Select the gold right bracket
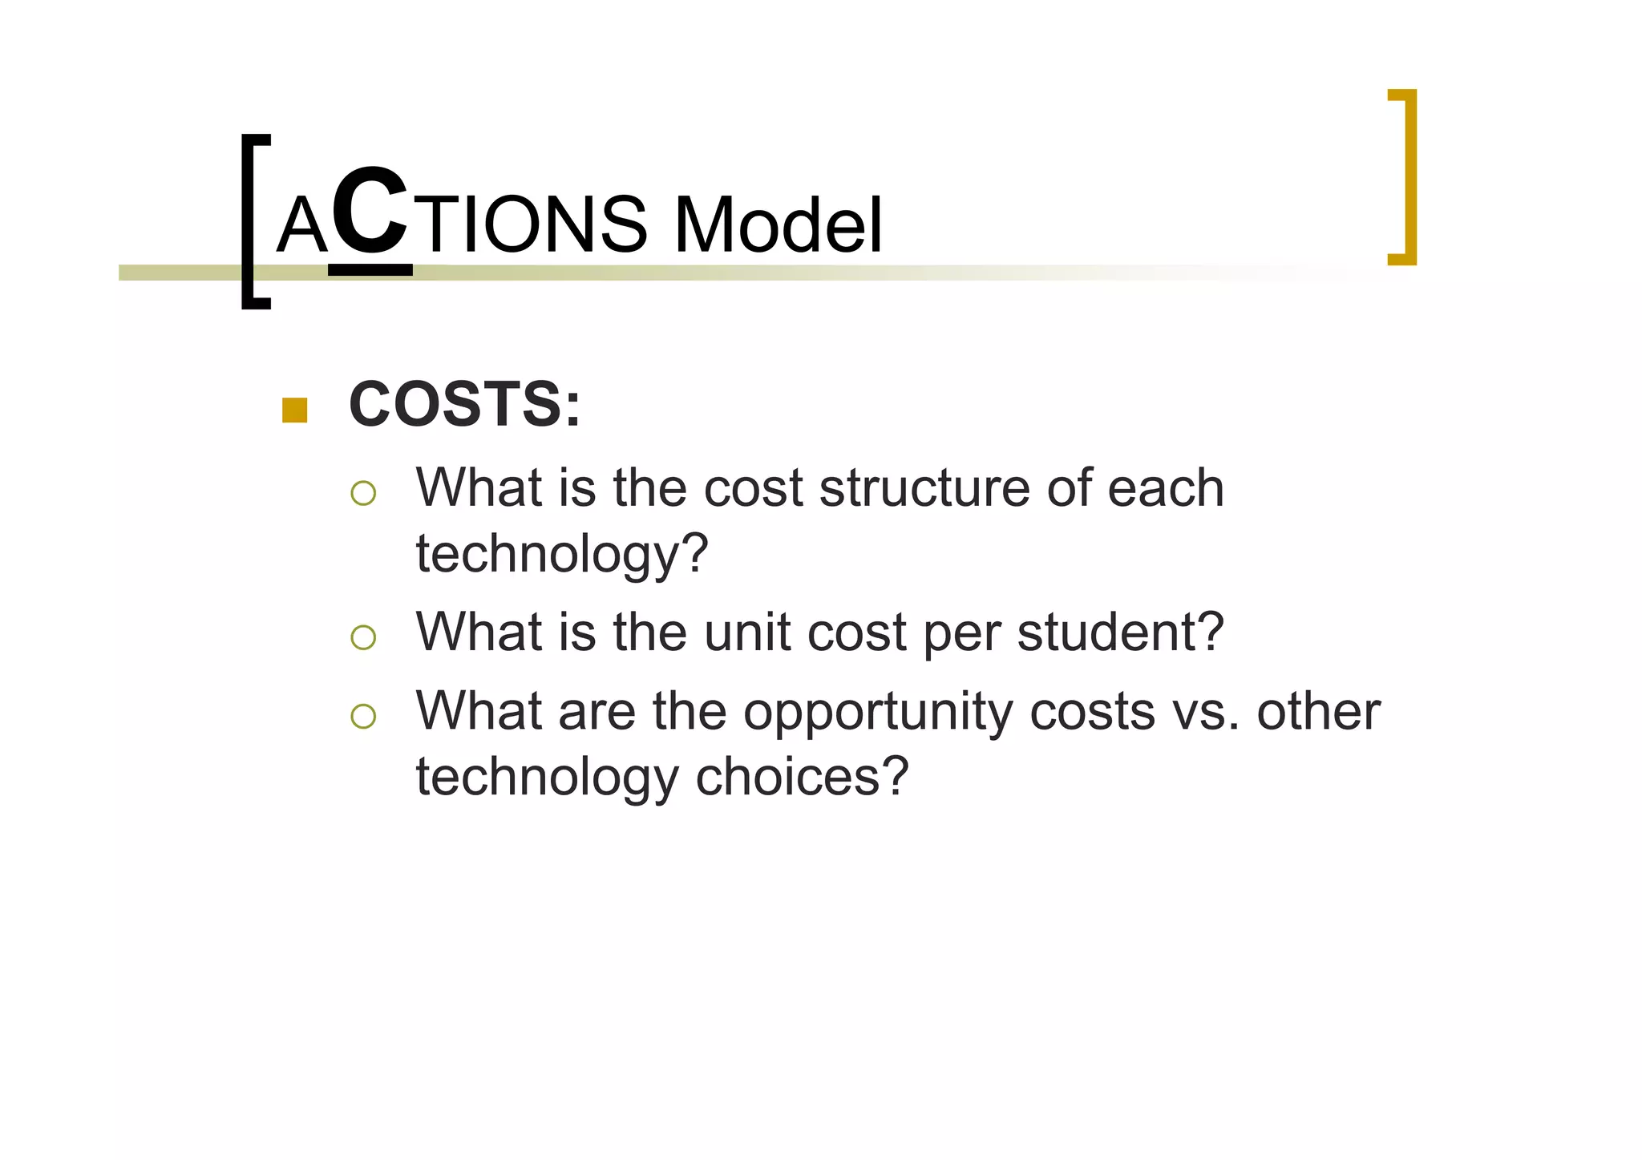[x=1404, y=176]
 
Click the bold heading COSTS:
[x=464, y=405]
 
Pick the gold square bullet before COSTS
[x=295, y=410]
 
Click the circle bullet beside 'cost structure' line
[x=363, y=492]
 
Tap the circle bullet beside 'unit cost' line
[x=363, y=637]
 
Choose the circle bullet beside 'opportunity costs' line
[x=363, y=716]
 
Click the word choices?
[x=802, y=777]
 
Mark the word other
[x=1318, y=712]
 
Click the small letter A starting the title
[x=302, y=228]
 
